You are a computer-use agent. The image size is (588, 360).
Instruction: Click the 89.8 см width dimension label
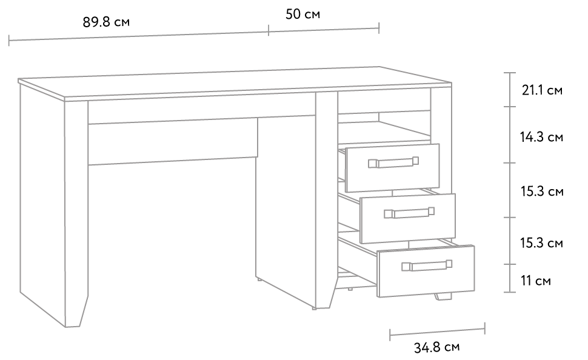106,22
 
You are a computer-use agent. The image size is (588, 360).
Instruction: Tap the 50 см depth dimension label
302,15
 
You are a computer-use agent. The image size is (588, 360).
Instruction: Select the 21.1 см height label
542,90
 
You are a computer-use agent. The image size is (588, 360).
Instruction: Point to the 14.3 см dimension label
541,137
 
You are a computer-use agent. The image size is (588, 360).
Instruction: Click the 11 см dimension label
535,281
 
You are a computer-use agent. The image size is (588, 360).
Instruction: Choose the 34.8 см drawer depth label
436,347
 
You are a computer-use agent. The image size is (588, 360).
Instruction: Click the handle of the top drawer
393,162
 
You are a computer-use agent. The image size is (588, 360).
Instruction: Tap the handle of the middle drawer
409,213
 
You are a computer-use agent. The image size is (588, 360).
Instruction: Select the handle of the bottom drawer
427,265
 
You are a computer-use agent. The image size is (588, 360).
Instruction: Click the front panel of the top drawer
392,168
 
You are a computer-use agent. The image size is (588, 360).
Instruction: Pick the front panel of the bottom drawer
426,271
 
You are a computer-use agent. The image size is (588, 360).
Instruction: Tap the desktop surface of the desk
235,83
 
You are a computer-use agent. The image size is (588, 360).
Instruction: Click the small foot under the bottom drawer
443,296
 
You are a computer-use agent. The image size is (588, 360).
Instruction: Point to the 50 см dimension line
324,29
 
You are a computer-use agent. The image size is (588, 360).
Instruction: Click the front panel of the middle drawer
408,218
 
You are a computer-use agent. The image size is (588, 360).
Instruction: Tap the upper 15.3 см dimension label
542,192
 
